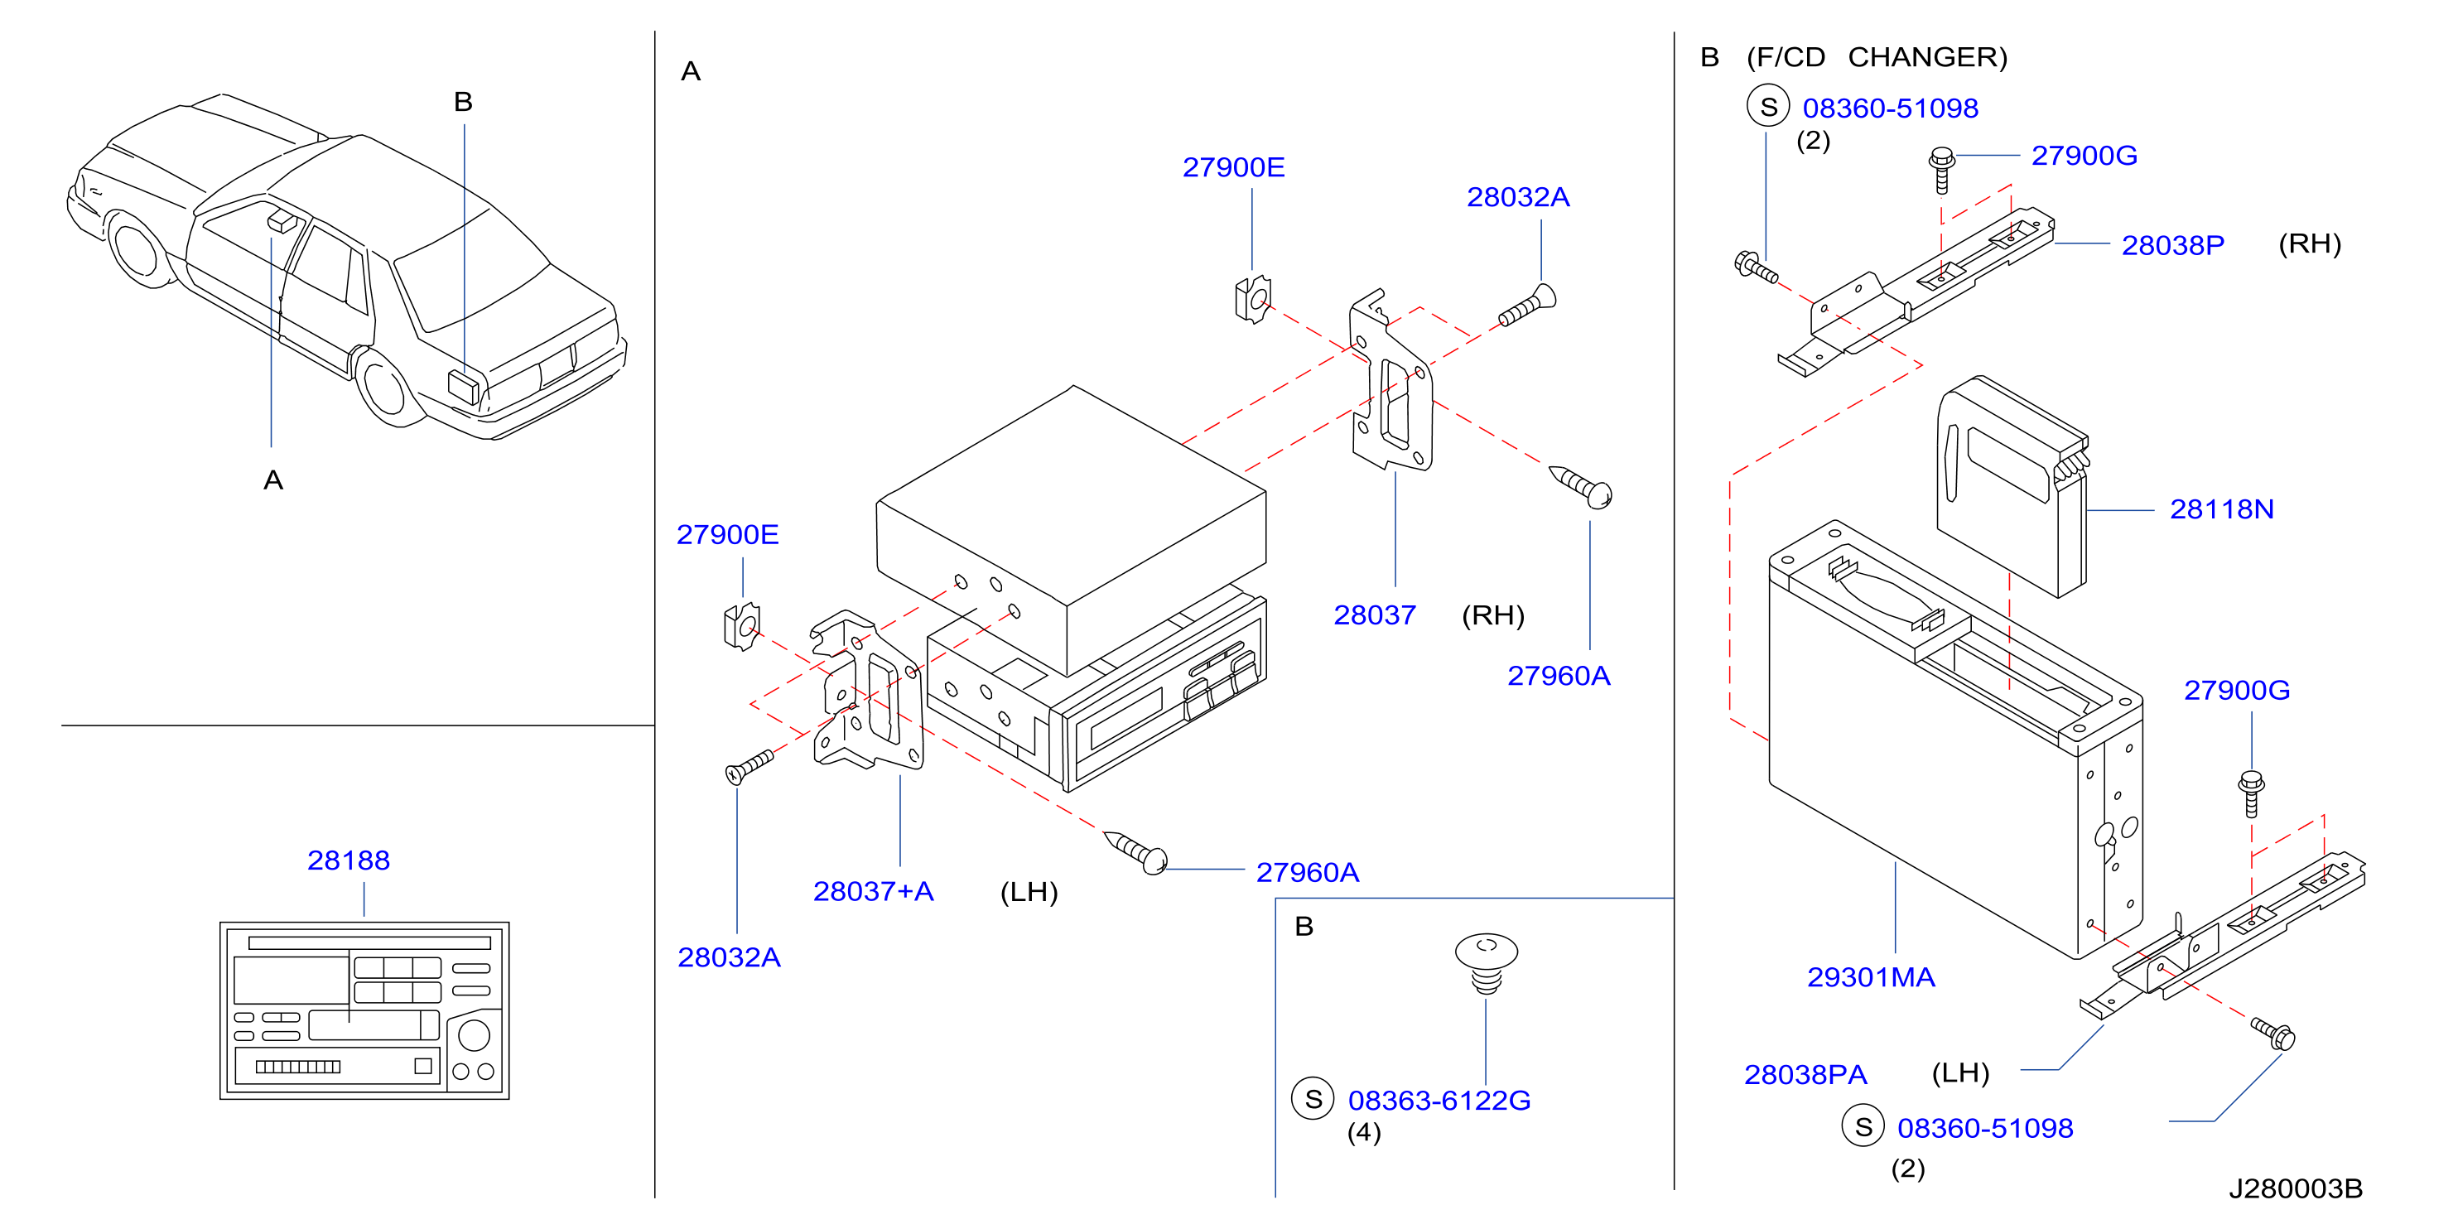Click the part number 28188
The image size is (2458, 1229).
349,860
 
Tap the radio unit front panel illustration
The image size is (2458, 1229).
364,1010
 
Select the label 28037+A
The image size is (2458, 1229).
873,891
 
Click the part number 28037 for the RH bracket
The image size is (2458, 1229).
1374,615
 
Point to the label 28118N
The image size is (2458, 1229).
2221,509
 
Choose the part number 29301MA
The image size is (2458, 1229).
1870,977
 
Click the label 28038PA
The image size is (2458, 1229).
1805,1075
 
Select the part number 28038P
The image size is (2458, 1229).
2173,245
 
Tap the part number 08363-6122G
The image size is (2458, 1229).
1439,1101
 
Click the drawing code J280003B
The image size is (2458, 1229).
2296,1189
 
